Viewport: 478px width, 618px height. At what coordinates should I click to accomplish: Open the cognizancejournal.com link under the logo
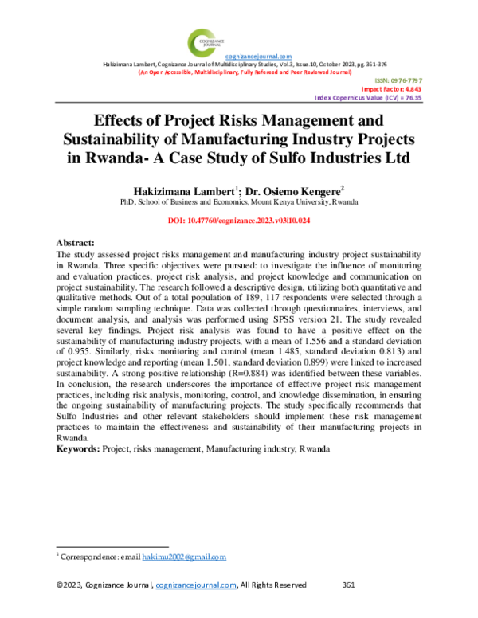pos(259,56)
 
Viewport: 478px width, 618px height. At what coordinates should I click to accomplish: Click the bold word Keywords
pos(77,450)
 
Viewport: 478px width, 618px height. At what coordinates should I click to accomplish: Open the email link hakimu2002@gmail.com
pos(184,557)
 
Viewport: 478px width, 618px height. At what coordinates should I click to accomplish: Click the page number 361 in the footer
pos(347,585)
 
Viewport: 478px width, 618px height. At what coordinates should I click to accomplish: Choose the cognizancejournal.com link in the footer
pos(196,585)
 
